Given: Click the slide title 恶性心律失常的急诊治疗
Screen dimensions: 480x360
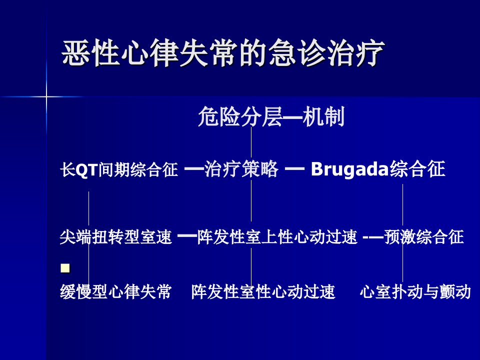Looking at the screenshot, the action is [223, 52].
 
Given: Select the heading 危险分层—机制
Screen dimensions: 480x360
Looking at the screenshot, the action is [271, 116].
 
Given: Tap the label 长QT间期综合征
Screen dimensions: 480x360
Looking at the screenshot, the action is [119, 169].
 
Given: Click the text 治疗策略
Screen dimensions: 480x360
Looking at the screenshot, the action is [241, 169].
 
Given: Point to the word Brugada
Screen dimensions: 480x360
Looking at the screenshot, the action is [349, 169].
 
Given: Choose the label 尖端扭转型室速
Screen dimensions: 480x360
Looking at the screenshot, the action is [115, 237].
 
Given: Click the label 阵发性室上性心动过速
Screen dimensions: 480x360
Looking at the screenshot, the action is [277, 237].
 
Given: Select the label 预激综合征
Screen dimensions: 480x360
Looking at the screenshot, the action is [424, 237].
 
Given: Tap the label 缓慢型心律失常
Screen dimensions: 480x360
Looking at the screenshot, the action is [115, 291].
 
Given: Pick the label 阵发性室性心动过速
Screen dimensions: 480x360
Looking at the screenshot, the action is [263, 291].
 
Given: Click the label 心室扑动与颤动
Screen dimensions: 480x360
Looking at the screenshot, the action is [415, 291].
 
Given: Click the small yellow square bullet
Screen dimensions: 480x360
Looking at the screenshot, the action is [65, 268].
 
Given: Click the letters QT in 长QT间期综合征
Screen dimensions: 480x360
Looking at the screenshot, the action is [86, 169].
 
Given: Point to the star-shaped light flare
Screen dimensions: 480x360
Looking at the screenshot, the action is [46, 96].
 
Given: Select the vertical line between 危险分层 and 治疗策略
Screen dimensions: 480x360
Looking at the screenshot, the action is [251, 142].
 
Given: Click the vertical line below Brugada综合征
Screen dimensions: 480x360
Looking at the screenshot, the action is [402, 205].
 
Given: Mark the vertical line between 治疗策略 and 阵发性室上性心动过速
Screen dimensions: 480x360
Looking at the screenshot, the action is [251, 200].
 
